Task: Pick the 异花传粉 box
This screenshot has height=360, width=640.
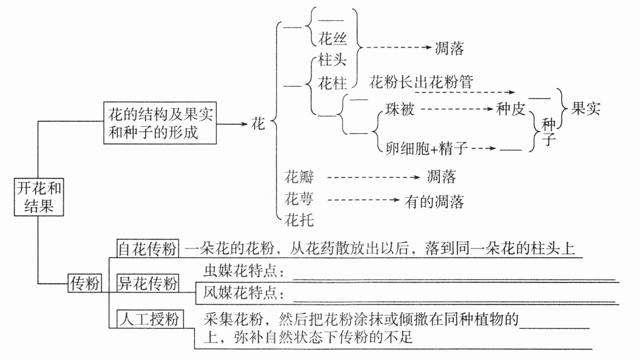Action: tap(147, 284)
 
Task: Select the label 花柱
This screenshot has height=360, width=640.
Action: tap(333, 83)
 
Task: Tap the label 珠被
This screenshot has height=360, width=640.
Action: tap(400, 109)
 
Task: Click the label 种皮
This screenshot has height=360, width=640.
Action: tap(510, 109)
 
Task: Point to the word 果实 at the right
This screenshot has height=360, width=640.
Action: tap(585, 109)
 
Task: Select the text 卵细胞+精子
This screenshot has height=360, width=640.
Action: tap(427, 148)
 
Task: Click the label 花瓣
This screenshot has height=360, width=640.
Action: tap(299, 177)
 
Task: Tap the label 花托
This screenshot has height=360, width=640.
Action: tap(299, 220)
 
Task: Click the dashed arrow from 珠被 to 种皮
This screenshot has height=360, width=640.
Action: tap(456, 109)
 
